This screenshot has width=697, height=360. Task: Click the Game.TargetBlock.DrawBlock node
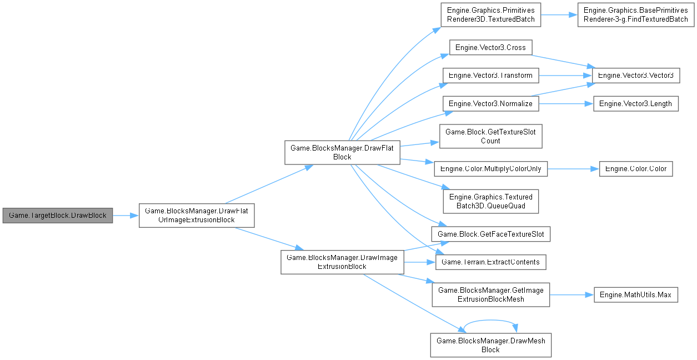point(58,215)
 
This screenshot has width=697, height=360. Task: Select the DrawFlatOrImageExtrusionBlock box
point(196,215)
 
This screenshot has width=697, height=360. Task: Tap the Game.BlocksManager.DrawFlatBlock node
point(342,152)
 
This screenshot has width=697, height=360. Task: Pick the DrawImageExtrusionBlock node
point(342,262)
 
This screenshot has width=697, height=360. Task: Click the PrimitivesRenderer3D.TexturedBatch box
point(490,15)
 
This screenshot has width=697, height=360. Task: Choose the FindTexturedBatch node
point(635,15)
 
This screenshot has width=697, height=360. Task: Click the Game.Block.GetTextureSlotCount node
point(490,137)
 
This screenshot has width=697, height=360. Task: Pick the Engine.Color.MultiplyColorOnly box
point(490,168)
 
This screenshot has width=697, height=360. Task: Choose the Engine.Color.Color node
point(636,168)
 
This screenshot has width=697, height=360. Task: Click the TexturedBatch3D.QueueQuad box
point(490,201)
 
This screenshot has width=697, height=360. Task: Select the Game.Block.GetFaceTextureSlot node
point(490,234)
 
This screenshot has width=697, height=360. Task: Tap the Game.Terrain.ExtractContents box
point(490,262)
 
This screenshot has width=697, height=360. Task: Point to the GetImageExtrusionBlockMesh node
point(490,294)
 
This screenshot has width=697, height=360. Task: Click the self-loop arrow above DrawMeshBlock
point(490,321)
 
